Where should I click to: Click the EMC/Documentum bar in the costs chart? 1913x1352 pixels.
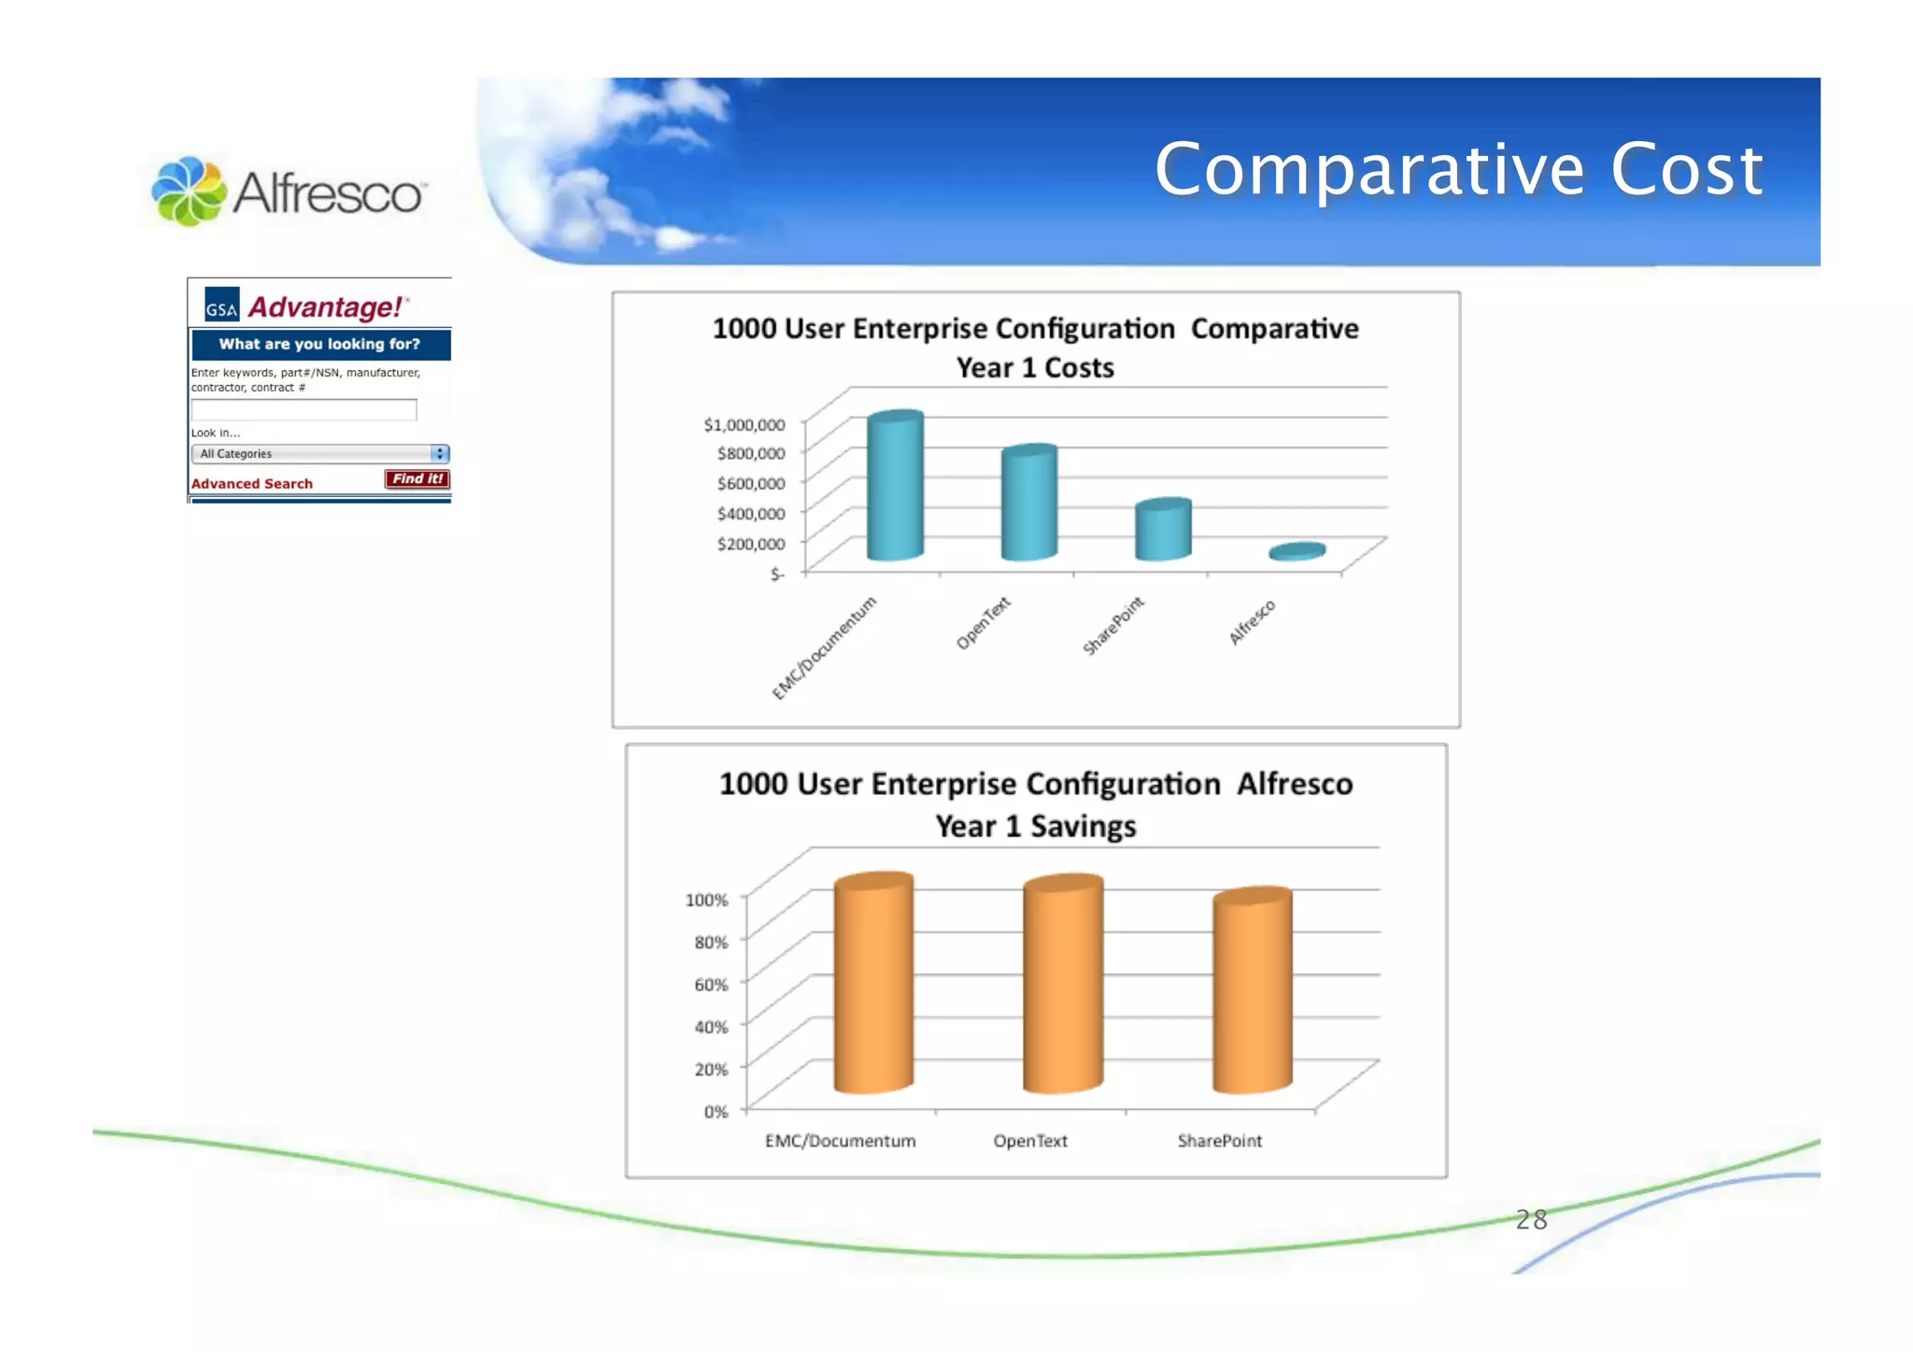[x=895, y=488]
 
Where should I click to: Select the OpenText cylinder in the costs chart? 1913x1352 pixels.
[x=1028, y=505]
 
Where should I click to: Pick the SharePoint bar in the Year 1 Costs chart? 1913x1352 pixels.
[x=1163, y=531]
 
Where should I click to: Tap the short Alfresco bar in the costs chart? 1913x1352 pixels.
[x=1297, y=551]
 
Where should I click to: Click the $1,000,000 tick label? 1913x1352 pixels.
[x=744, y=425]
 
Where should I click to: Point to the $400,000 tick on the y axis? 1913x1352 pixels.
[x=750, y=513]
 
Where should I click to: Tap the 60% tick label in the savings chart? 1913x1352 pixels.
[x=711, y=985]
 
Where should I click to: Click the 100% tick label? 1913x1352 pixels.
[x=706, y=900]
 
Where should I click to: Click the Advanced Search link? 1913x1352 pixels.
[x=251, y=484]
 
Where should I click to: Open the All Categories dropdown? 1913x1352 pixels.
[x=319, y=454]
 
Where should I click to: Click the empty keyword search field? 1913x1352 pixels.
[x=304, y=410]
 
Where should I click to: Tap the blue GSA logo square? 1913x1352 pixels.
[x=222, y=305]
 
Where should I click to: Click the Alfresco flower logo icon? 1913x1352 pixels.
[x=189, y=192]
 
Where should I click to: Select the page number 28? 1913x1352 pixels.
[x=1531, y=1220]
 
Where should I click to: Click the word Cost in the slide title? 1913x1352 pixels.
[x=1686, y=170]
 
